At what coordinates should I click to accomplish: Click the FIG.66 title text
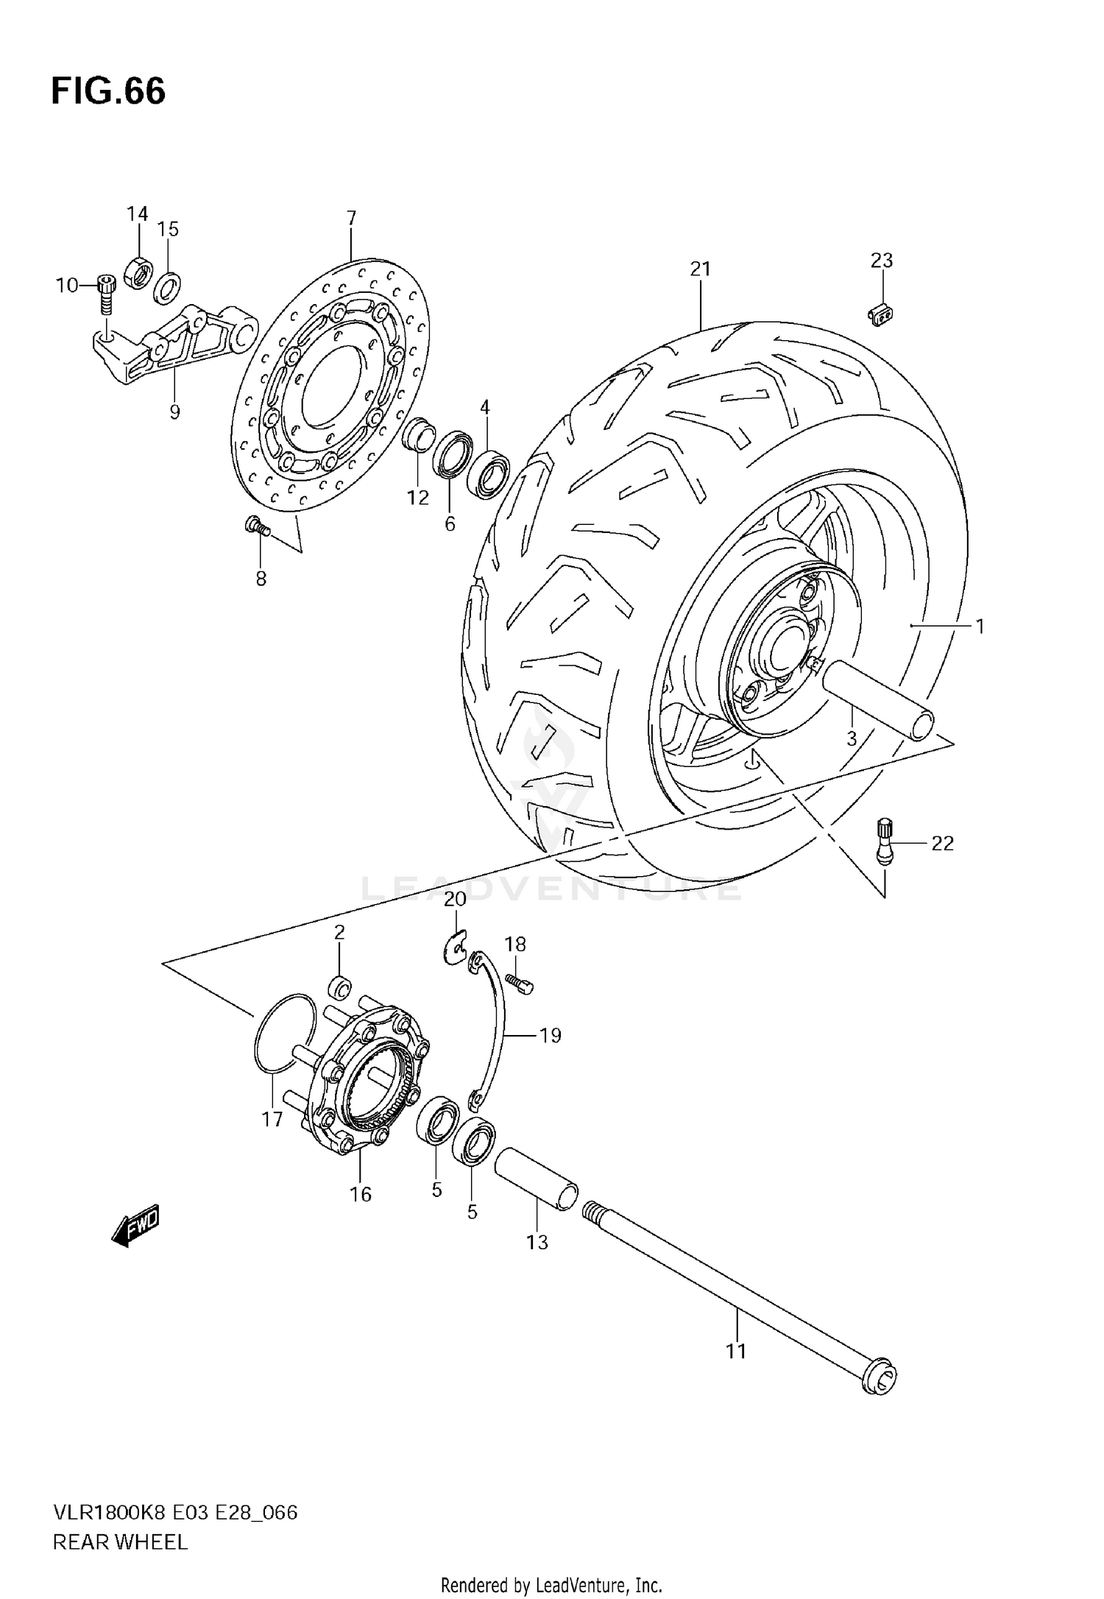click(108, 92)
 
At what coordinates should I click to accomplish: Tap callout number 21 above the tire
click(700, 269)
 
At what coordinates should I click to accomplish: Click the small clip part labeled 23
click(880, 315)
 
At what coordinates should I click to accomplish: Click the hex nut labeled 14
click(138, 272)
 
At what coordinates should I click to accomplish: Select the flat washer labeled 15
click(169, 287)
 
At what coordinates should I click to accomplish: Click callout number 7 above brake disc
click(351, 218)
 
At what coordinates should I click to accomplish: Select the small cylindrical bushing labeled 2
click(340, 985)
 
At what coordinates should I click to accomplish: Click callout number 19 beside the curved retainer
click(550, 1036)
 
